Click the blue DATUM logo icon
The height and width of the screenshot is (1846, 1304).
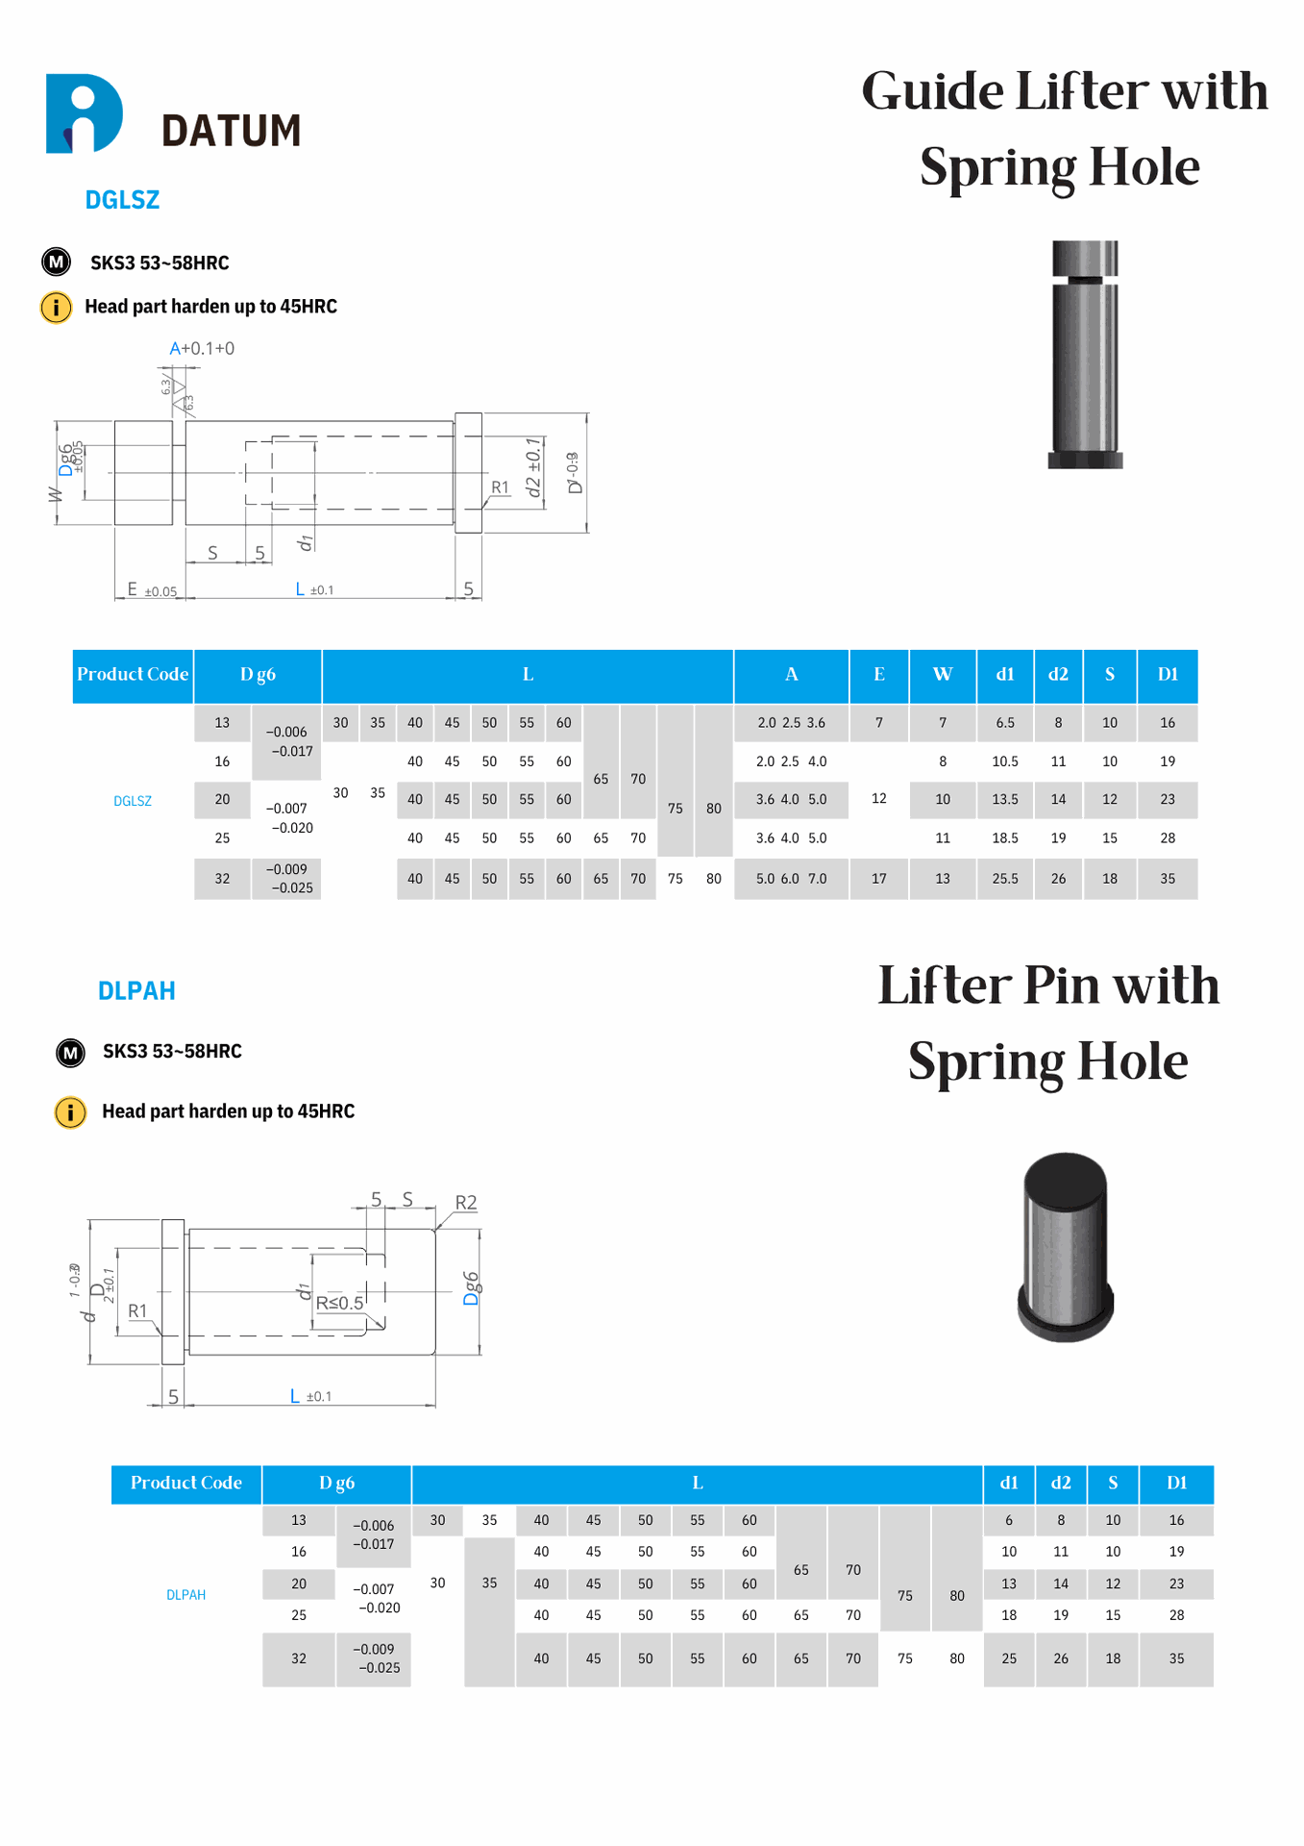pyautogui.click(x=85, y=113)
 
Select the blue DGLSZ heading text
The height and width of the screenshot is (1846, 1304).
pyautogui.click(x=122, y=200)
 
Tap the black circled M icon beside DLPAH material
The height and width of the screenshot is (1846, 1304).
pyautogui.click(x=70, y=1053)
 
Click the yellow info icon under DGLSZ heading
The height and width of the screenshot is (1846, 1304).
pyautogui.click(x=56, y=308)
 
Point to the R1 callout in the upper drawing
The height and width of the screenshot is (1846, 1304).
pyautogui.click(x=500, y=487)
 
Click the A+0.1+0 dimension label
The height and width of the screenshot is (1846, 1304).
pyautogui.click(x=202, y=348)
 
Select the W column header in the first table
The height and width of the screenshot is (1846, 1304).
pyautogui.click(x=942, y=675)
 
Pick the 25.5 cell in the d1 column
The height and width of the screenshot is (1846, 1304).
pyautogui.click(x=1004, y=879)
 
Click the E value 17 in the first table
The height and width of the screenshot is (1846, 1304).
pyautogui.click(x=878, y=879)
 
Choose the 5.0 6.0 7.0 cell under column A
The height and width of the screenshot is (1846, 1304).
pyautogui.click(x=790, y=879)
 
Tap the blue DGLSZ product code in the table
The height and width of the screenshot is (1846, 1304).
pyautogui.click(x=133, y=801)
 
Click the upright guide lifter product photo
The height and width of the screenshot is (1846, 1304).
pyautogui.click(x=1085, y=354)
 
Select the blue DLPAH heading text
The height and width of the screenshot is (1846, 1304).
pyautogui.click(x=136, y=991)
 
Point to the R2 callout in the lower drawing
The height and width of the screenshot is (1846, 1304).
pyautogui.click(x=465, y=1203)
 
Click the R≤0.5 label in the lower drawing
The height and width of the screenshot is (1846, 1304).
pyautogui.click(x=340, y=1303)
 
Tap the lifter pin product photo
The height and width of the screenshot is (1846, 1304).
pyautogui.click(x=1065, y=1247)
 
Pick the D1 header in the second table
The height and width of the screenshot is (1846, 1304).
pyautogui.click(x=1176, y=1483)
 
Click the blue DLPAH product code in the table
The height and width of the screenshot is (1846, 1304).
pyautogui.click(x=185, y=1595)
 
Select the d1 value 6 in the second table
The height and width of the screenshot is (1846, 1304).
pyautogui.click(x=1008, y=1520)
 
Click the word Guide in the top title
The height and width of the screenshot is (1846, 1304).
pyautogui.click(x=931, y=93)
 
